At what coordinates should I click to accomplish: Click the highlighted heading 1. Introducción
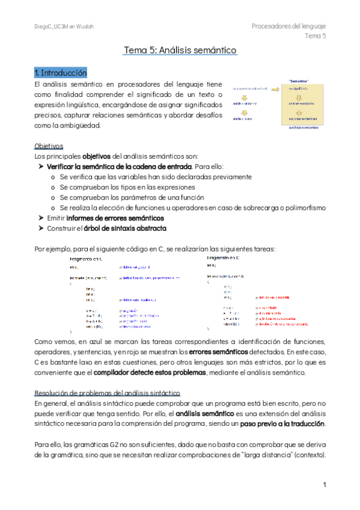tap(61, 73)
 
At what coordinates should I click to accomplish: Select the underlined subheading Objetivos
tap(47, 146)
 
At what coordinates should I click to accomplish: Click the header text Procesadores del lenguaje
tap(288, 26)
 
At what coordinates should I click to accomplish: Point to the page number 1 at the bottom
tap(324, 484)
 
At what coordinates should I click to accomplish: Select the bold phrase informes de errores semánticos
tap(115, 218)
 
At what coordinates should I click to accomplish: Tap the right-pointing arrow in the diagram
tap(276, 89)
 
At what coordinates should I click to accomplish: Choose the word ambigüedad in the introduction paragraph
tap(79, 125)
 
